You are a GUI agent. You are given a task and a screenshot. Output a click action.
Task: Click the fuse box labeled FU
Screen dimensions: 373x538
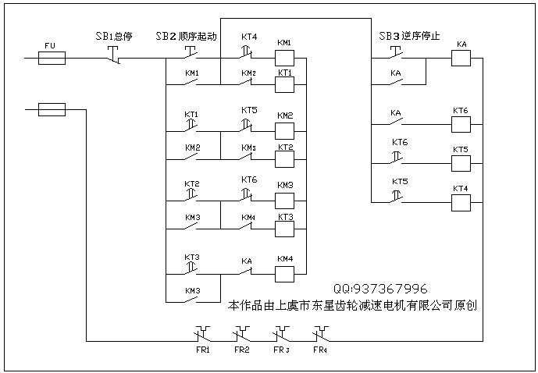52,58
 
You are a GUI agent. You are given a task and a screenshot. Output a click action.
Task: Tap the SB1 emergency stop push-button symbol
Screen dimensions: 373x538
112,55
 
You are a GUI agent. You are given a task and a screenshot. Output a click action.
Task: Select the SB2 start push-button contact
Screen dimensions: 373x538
191,55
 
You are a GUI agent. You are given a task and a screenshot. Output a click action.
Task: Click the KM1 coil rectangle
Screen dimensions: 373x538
284,58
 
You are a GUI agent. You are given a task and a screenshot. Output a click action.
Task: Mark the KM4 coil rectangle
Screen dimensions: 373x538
284,273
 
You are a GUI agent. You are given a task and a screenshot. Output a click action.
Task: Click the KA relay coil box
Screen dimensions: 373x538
461,58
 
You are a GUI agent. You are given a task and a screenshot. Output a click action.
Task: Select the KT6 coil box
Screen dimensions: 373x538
461,125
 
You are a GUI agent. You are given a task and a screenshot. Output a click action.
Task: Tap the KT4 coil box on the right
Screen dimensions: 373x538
461,203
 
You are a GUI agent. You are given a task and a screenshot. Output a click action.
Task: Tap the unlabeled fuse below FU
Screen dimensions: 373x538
52,110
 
